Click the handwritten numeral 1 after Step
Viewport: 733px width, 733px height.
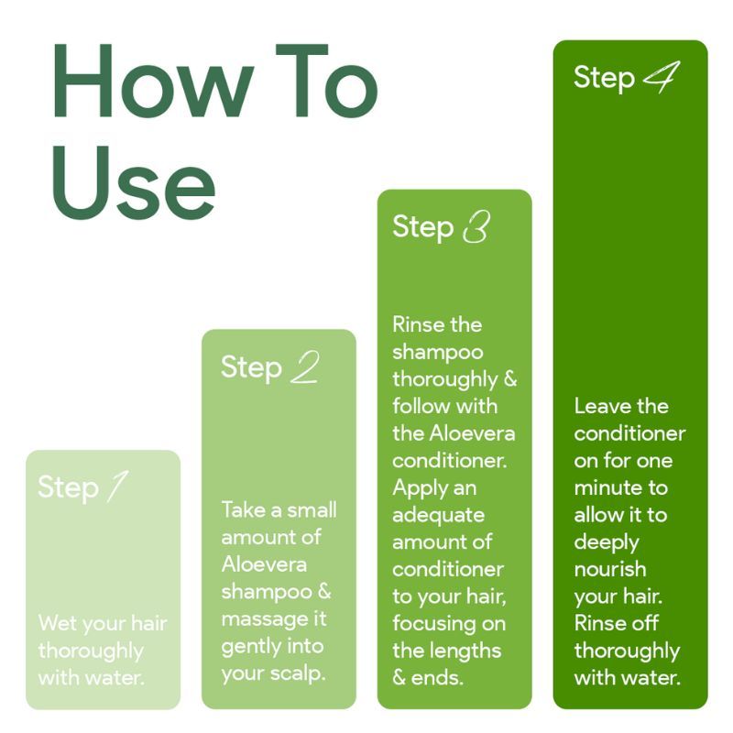point(117,487)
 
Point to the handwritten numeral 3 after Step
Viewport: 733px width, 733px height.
point(476,226)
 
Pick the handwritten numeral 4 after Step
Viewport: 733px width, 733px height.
point(662,77)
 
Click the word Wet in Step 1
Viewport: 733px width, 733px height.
point(58,623)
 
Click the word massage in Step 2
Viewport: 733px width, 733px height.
point(261,620)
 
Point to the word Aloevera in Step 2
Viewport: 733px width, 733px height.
point(264,564)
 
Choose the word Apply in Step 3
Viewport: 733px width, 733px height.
point(419,488)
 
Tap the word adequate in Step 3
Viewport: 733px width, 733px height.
point(439,515)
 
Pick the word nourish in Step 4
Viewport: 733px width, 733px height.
point(610,569)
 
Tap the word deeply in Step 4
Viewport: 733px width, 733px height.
point(607,543)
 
